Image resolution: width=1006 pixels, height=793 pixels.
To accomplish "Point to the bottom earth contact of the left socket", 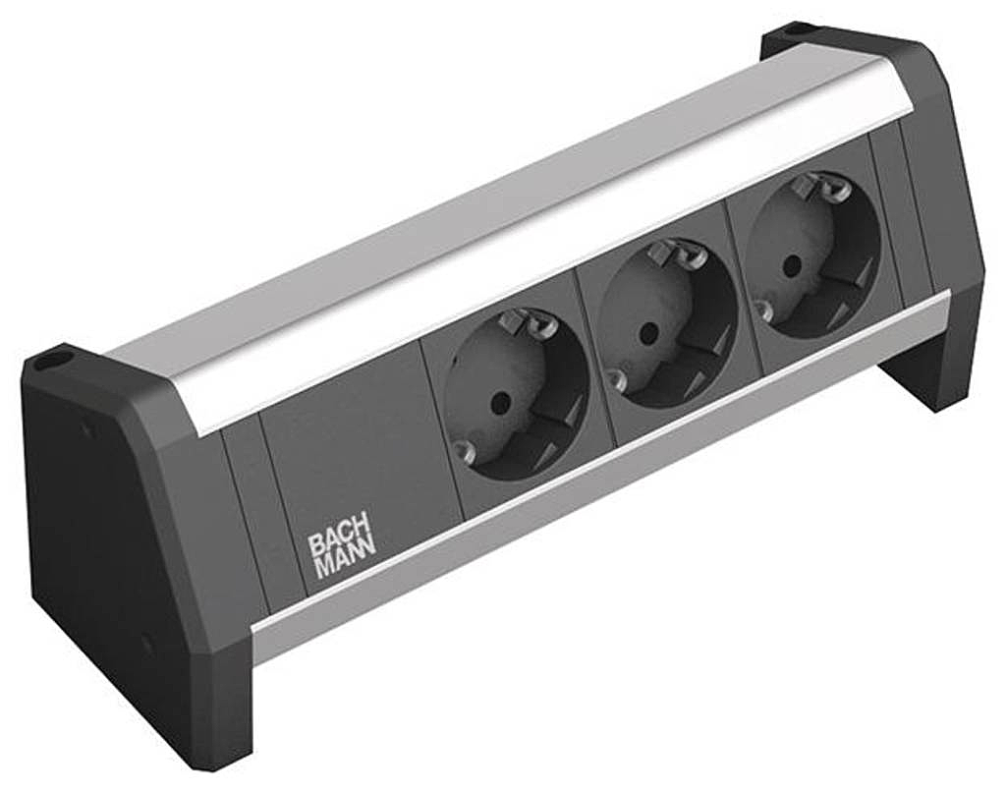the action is (464, 450).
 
